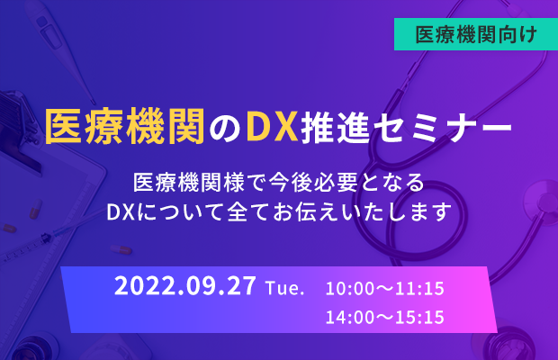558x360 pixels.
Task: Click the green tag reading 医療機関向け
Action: [x=476, y=34]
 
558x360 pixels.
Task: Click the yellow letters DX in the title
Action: [x=273, y=127]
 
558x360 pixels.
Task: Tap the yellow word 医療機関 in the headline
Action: [x=125, y=127]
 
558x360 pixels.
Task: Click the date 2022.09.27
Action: [x=185, y=285]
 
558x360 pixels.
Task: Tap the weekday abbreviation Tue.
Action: [x=285, y=288]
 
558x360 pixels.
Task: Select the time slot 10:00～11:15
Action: [x=385, y=288]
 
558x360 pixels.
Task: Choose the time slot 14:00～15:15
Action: [x=385, y=317]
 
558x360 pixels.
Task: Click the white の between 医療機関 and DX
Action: [x=225, y=129]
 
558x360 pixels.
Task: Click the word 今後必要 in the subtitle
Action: [x=313, y=183]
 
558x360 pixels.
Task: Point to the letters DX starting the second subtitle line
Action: [x=121, y=211]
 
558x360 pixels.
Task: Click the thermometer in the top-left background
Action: [x=60, y=46]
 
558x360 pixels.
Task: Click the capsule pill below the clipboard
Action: [x=121, y=249]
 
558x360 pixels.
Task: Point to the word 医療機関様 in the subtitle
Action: [x=189, y=183]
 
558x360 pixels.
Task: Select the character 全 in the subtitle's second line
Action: [x=238, y=211]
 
